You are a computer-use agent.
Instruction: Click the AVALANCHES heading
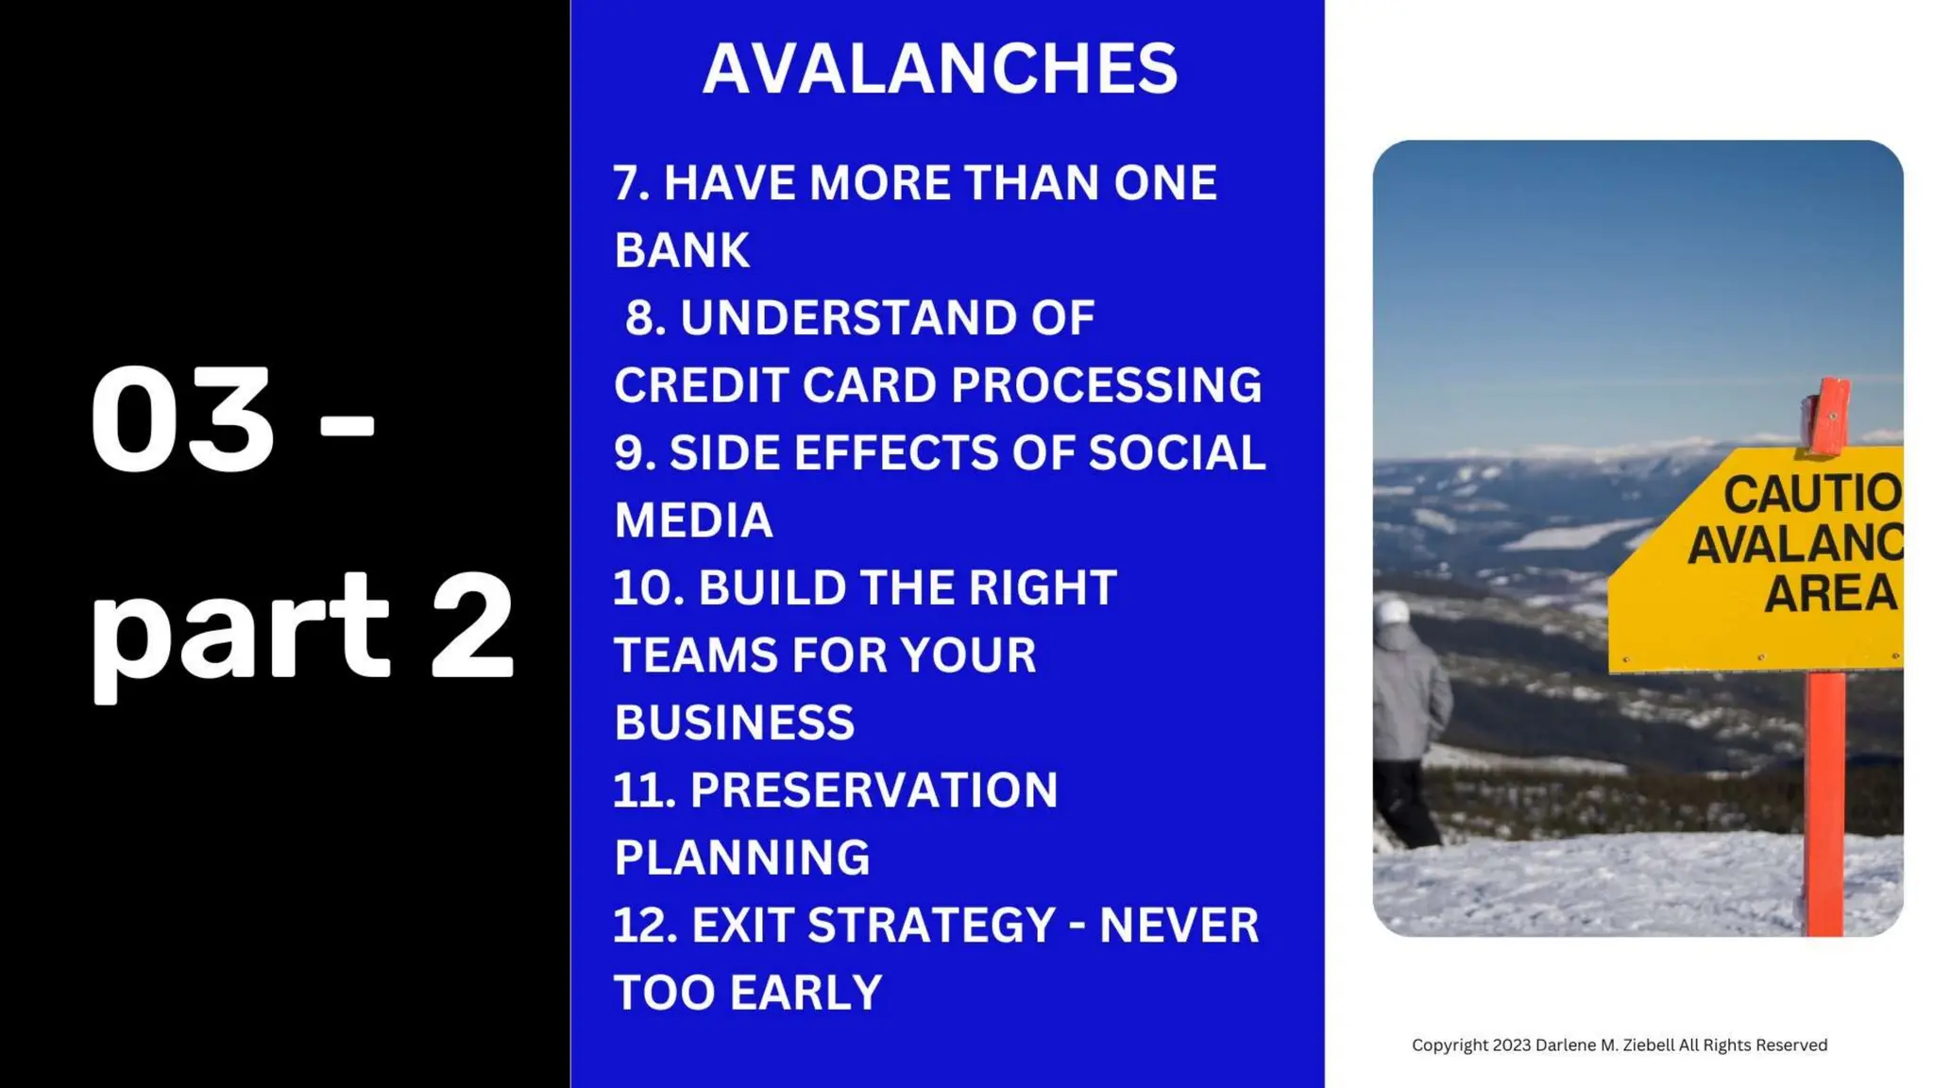pos(940,69)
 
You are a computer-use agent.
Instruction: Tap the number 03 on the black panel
pos(181,420)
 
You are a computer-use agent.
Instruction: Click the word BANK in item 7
pos(681,250)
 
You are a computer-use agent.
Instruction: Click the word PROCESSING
pos(1106,385)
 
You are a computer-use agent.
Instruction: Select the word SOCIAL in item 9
pos(1176,452)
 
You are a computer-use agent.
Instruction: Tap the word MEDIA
pos(693,520)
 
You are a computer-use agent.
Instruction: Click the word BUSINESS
pos(734,722)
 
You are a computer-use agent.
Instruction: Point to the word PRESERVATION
pos(874,790)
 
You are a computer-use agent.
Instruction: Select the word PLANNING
pos(741,858)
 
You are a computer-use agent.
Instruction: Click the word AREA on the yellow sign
pos(1830,593)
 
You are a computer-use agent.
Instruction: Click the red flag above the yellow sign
pos(1828,416)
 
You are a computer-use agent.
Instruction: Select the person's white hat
pos(1392,612)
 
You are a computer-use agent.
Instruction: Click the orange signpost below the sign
pos(1824,803)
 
